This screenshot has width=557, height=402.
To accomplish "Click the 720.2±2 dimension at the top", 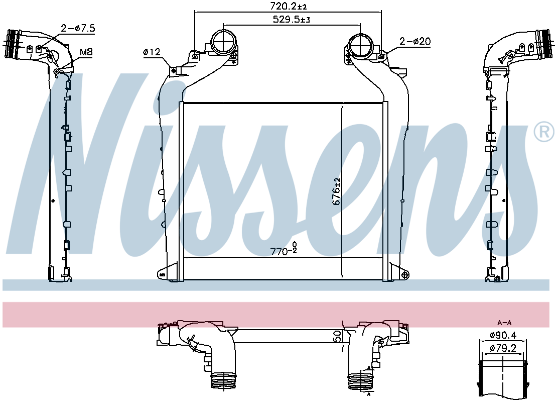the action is [x=289, y=6].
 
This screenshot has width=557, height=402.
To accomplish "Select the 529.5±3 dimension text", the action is [x=291, y=20].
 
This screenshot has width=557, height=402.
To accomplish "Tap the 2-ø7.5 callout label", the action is [x=78, y=28].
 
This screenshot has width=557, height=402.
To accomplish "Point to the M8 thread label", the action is [x=86, y=52].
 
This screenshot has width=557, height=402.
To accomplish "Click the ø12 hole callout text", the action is [x=152, y=52].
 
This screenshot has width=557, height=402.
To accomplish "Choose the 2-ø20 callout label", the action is [x=415, y=42].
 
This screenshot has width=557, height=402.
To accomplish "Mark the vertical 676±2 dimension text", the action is [x=336, y=191].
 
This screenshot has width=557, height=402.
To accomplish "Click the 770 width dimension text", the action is [x=284, y=250].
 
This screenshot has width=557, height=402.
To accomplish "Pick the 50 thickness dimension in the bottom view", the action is [x=338, y=336].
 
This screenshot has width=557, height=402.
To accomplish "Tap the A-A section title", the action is [x=504, y=323].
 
